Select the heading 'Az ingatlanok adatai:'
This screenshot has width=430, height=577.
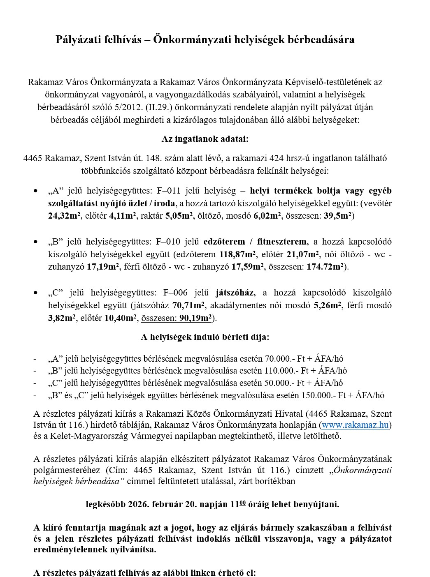pos(205,139)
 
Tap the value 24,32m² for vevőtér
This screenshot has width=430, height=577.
pos(64,216)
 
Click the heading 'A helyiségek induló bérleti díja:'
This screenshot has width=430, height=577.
pos(205,337)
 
